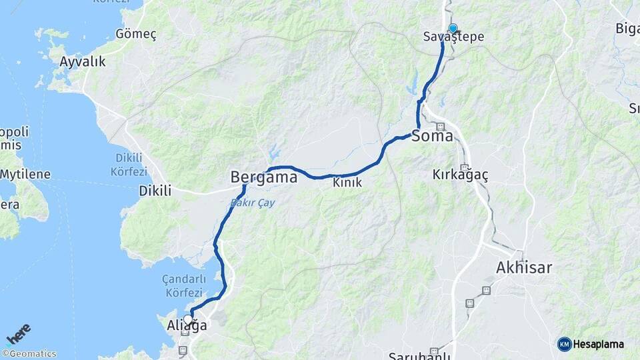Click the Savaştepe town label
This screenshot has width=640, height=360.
(453, 37)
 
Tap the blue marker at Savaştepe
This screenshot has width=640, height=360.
(453, 28)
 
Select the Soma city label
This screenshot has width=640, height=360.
(433, 137)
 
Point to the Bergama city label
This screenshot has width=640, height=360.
(263, 177)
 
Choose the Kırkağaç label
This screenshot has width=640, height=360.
(460, 175)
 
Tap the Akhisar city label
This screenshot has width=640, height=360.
(524, 268)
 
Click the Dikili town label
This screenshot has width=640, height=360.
(155, 191)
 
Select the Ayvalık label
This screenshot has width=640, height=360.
(83, 62)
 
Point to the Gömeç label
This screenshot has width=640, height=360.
(135, 34)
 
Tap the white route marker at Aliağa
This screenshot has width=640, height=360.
(189, 319)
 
